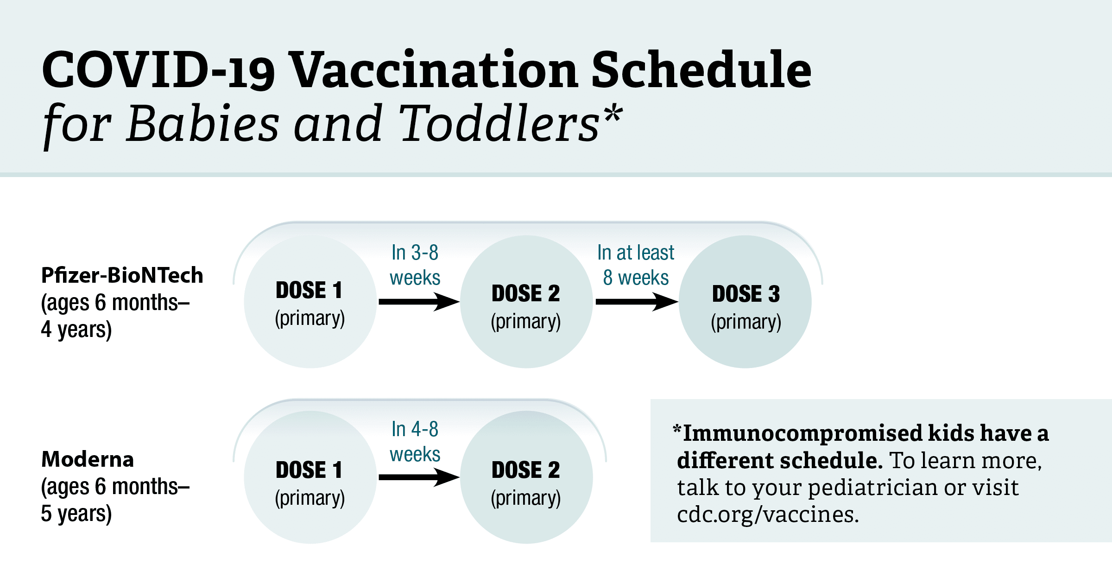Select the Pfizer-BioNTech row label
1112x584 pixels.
pyautogui.click(x=122, y=275)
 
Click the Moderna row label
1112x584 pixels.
pyautogui.click(x=88, y=459)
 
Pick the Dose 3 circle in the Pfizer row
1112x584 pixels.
pyautogui.click(x=745, y=302)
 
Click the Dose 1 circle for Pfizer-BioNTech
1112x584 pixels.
pyautogui.click(x=310, y=302)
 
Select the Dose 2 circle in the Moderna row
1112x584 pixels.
pyautogui.click(x=526, y=477)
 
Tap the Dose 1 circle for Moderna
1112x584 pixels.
pyautogui.click(x=310, y=477)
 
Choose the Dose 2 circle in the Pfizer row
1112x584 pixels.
pyautogui.click(x=526, y=302)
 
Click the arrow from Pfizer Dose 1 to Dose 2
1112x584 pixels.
pyautogui.click(x=418, y=302)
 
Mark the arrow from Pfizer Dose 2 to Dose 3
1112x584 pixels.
pyautogui.click(x=636, y=302)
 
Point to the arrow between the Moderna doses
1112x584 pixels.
pyautogui.click(x=418, y=477)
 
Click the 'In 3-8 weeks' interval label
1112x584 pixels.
pyautogui.click(x=415, y=265)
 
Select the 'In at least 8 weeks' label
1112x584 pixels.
pyautogui.click(x=636, y=265)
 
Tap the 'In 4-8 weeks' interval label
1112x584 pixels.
pyautogui.click(x=415, y=442)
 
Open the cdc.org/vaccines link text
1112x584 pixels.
pyautogui.click(x=768, y=514)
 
